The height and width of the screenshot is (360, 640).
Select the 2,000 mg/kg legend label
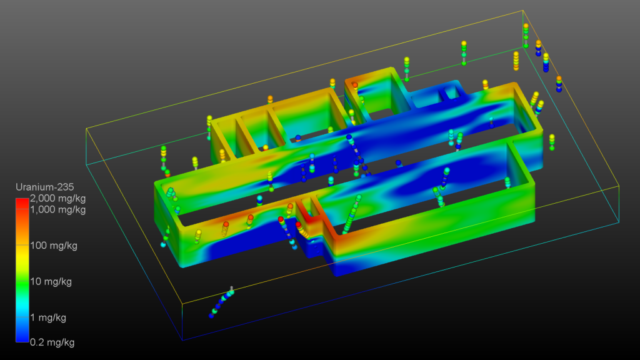coord(57,198)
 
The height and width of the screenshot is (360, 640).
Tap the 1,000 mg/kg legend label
coord(57,209)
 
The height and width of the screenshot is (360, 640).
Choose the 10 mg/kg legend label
coord(51,282)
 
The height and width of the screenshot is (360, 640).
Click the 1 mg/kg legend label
coord(48,317)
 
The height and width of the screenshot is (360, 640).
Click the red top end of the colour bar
coord(22,202)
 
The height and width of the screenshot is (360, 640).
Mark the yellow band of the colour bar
coord(22,250)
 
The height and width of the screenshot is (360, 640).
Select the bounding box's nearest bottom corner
coord(182,341)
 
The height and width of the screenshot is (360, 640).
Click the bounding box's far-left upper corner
coord(86,128)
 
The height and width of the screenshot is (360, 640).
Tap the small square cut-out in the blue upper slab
coord(449,94)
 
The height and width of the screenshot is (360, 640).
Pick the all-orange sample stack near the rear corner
coord(516,61)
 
